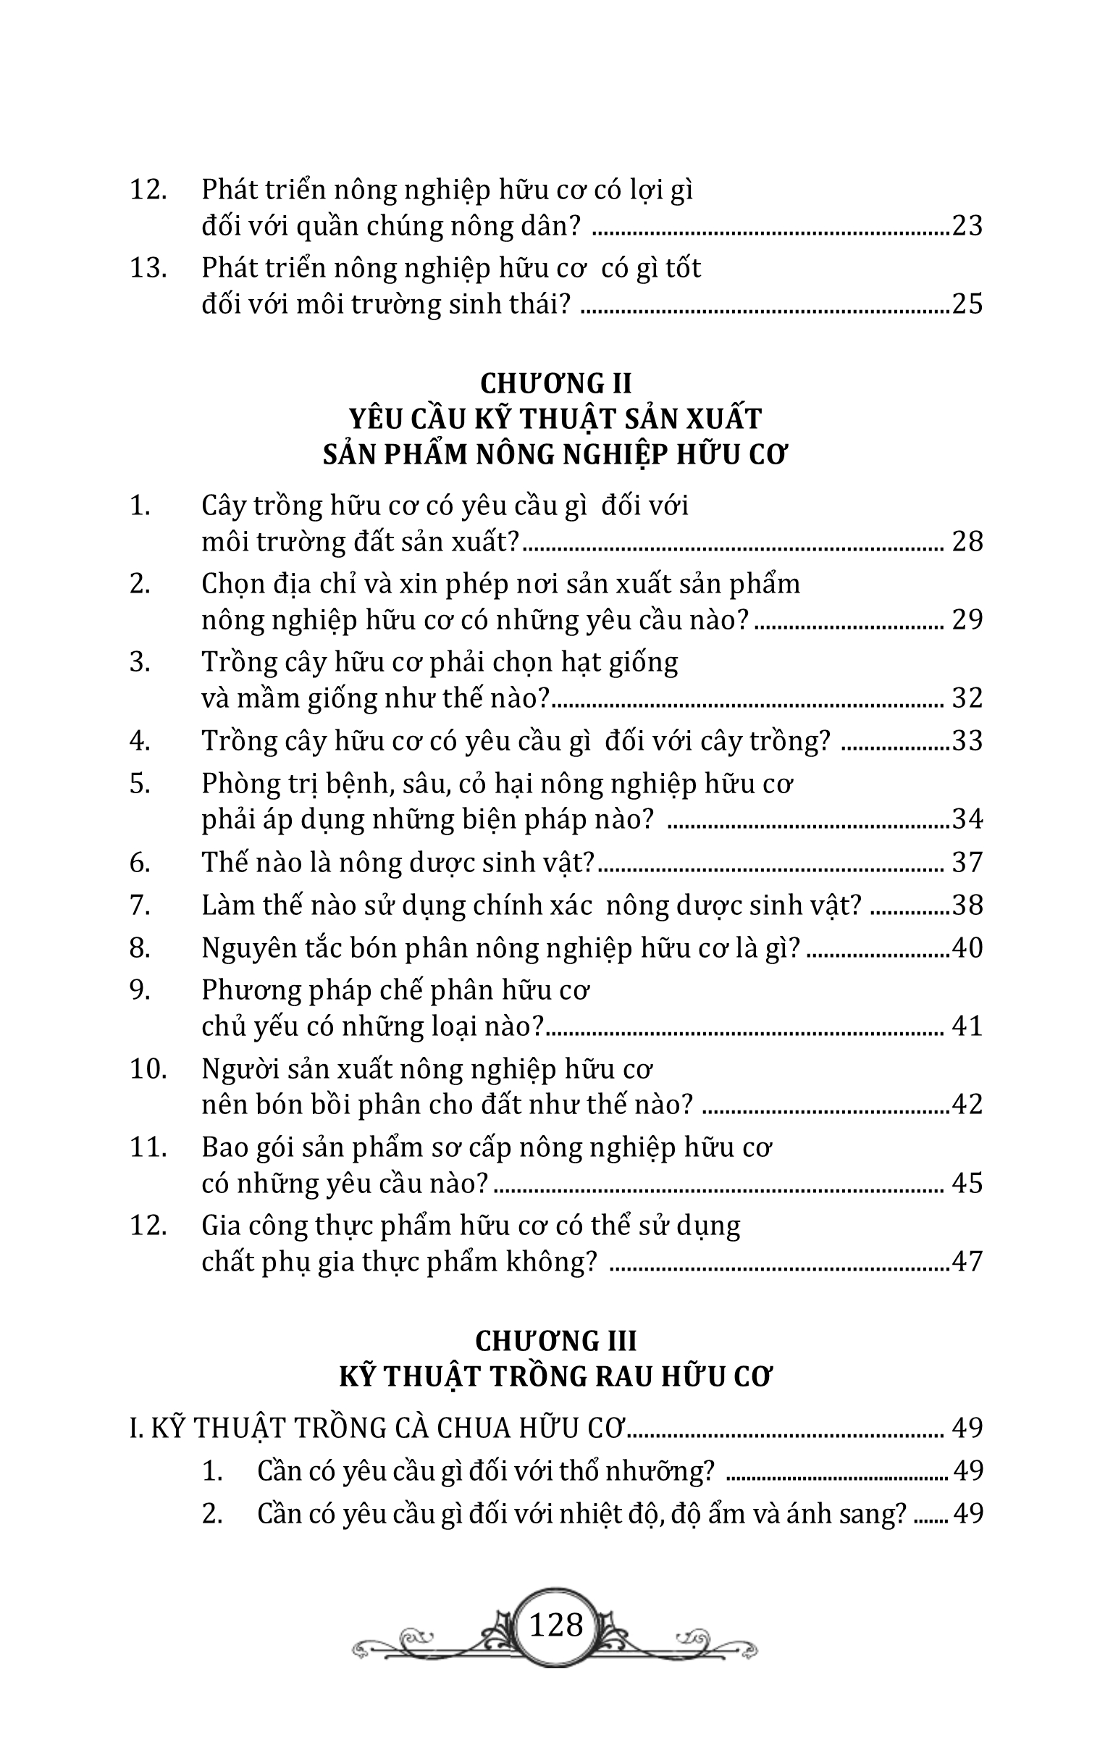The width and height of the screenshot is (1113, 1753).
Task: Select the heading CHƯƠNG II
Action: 556,383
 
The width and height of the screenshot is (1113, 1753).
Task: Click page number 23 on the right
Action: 967,226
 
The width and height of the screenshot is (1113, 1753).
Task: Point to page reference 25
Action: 967,303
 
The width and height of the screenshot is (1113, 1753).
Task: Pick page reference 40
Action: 967,947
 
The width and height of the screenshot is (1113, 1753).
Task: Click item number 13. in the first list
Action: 148,268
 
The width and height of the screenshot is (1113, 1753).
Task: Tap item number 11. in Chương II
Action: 148,1147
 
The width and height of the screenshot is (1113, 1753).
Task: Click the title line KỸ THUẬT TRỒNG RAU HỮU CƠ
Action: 556,1376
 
